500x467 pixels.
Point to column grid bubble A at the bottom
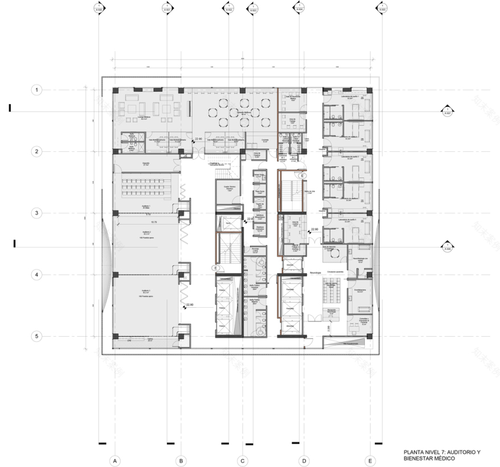[x=114, y=460]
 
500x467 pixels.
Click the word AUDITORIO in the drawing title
[x=450, y=452]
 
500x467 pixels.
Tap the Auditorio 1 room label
[x=145, y=206]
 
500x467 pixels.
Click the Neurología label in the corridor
[x=316, y=272]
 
